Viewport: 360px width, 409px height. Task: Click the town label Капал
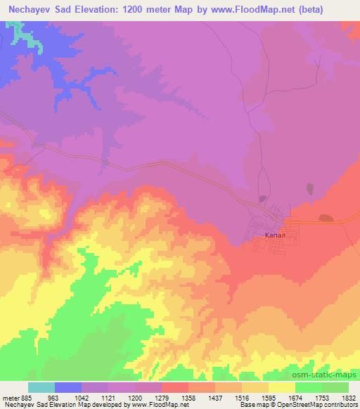point(274,236)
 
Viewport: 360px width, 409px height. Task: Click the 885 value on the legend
point(26,396)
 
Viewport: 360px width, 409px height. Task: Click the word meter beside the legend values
point(10,396)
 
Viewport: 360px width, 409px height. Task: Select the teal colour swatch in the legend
point(41,387)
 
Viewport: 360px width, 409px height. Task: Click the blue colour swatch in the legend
point(68,387)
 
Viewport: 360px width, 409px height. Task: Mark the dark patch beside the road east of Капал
point(325,219)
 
